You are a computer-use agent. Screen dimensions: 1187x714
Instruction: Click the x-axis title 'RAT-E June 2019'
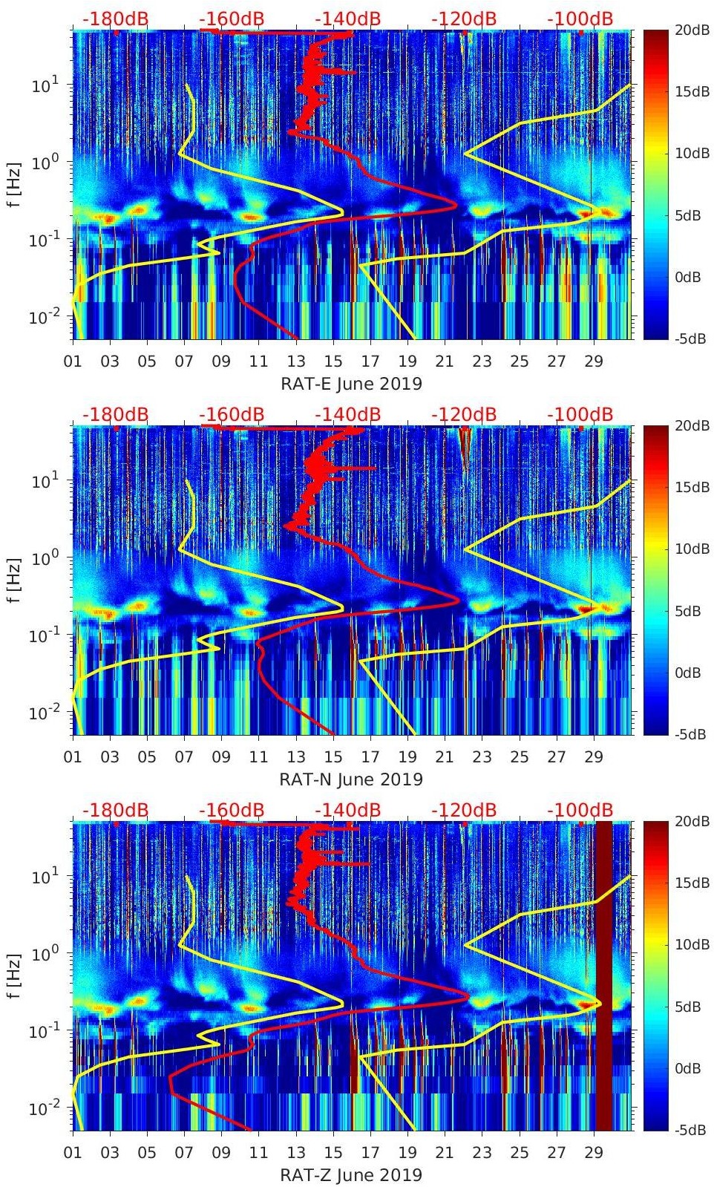pyautogui.click(x=351, y=384)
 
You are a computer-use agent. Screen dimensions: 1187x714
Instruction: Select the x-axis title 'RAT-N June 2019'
pyautogui.click(x=351, y=779)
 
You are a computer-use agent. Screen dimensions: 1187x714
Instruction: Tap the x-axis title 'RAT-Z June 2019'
pyautogui.click(x=351, y=1175)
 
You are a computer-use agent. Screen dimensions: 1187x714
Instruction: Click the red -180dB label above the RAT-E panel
pyautogui.click(x=116, y=19)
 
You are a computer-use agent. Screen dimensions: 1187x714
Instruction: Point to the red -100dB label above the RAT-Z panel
pyautogui.click(x=580, y=810)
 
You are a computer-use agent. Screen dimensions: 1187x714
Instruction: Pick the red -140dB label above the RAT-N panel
pyautogui.click(x=347, y=414)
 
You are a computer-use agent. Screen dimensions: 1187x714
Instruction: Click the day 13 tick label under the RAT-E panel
pyautogui.click(x=296, y=362)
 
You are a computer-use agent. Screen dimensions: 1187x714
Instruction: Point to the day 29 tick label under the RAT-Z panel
pyautogui.click(x=593, y=1153)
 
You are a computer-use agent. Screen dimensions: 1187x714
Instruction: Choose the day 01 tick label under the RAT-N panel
pyautogui.click(x=73, y=757)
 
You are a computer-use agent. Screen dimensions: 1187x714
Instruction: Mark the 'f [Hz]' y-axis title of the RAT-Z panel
pyautogui.click(x=15, y=975)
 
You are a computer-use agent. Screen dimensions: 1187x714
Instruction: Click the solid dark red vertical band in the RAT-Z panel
pyautogui.click(x=603, y=975)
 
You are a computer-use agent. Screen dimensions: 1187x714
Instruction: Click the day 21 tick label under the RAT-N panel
pyautogui.click(x=444, y=757)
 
